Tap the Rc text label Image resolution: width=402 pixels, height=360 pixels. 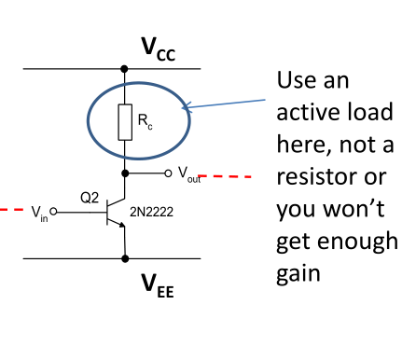[x=145, y=119]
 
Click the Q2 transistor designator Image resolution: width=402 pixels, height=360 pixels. [x=90, y=198]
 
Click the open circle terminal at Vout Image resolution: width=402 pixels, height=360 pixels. [x=167, y=173]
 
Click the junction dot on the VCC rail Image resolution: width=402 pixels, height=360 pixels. [x=125, y=69]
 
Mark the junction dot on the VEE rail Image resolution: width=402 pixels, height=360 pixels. [x=125, y=259]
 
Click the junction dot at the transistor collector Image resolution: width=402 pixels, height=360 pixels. [x=125, y=173]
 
